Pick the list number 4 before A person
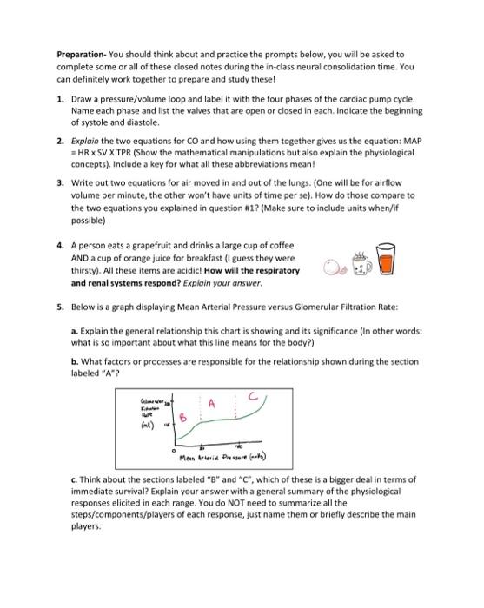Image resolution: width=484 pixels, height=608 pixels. [x=60, y=246]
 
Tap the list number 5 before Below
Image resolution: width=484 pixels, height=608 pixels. [x=60, y=306]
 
